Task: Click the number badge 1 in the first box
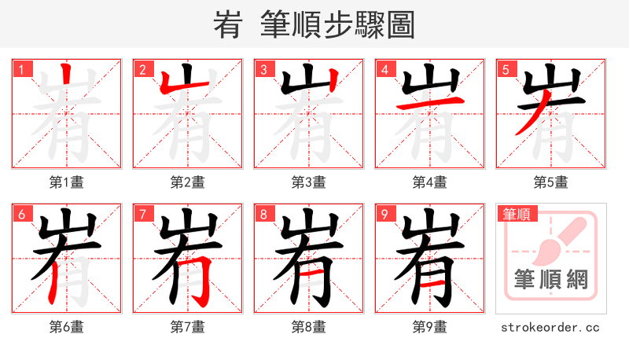pos(20,69)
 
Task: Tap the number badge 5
pos(505,69)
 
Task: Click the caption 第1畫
pos(67,182)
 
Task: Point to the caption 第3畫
pos(309,182)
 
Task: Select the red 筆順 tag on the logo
pos(515,213)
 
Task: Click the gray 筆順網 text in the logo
pos(550,279)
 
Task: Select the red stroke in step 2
pos(171,85)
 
